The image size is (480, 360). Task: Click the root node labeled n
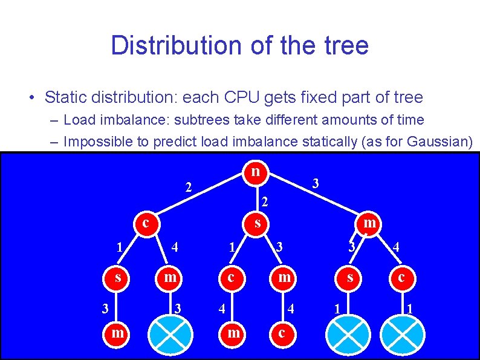coord(256,171)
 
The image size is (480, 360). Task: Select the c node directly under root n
coord(146,223)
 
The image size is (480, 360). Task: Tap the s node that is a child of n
coord(258,223)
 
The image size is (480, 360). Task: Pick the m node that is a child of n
coord(369,223)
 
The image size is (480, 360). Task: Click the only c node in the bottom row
coord(281,333)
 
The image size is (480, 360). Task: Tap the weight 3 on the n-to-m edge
coord(315,183)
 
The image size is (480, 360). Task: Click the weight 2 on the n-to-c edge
coord(189,187)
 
